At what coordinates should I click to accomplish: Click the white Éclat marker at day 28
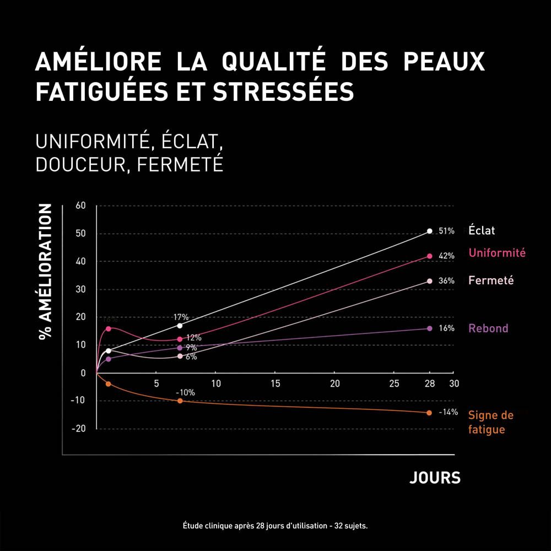(430, 231)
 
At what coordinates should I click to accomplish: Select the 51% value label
(446, 231)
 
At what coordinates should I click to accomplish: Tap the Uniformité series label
(497, 253)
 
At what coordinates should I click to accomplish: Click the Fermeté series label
(491, 280)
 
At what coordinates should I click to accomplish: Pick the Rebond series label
(488, 328)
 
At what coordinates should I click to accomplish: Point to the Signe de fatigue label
(490, 423)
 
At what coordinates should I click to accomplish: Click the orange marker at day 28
(429, 413)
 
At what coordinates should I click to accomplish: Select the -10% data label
(185, 392)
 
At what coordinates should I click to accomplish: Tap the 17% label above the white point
(181, 317)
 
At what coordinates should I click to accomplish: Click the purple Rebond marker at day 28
(430, 328)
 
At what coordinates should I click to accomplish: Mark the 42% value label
(446, 256)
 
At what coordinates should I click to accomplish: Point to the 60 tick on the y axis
(81, 206)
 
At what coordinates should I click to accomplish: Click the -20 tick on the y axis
(79, 429)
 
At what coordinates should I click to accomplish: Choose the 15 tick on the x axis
(275, 383)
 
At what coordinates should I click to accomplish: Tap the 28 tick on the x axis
(430, 383)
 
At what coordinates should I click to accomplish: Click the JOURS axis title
(435, 478)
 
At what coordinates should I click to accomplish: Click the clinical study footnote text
(275, 526)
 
